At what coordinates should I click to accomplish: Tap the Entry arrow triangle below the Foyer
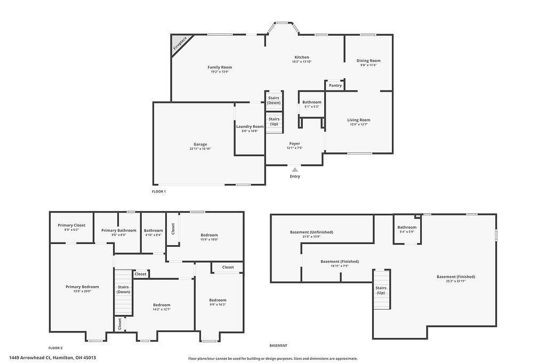tap(295, 170)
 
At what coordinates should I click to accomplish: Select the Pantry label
tap(335, 85)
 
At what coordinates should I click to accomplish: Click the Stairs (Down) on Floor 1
tap(274, 100)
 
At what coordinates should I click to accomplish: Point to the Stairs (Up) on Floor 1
tap(274, 122)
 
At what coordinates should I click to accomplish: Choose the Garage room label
tap(200, 144)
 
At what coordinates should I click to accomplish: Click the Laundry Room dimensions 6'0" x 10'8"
tap(250, 131)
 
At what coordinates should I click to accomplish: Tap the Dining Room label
tap(368, 61)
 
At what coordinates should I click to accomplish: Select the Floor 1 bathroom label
tap(312, 102)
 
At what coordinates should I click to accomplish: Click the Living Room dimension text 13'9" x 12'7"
tap(358, 124)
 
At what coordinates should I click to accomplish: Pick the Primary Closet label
tap(71, 225)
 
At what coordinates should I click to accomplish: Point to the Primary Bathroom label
tap(119, 230)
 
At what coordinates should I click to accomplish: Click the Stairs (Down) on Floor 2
tap(123, 289)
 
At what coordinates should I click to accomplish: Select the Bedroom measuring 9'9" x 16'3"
tap(218, 300)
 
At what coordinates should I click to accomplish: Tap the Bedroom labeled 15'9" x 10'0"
tap(209, 235)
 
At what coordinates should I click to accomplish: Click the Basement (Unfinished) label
tap(311, 232)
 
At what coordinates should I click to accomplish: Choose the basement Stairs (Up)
tap(381, 290)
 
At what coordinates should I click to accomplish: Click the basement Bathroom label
tap(407, 227)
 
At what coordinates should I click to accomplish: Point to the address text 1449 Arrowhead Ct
tap(52, 358)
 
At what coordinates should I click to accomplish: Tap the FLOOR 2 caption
tap(55, 347)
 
